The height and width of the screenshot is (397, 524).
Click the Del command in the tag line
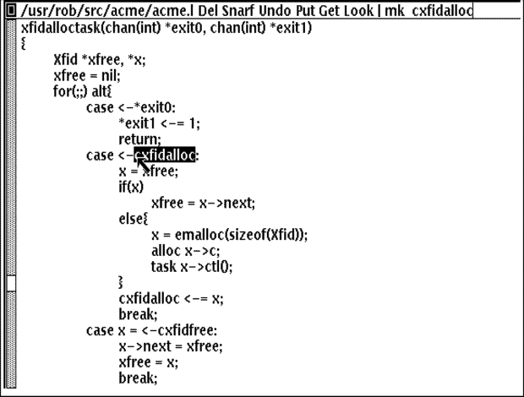click(208, 11)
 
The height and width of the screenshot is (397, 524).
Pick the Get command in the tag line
click(329, 11)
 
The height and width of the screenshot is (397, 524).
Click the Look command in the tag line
click(358, 11)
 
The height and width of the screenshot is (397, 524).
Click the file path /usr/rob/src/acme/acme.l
click(107, 11)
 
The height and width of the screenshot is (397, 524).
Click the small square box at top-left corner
click(11, 10)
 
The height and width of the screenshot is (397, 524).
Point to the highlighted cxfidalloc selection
click(165, 155)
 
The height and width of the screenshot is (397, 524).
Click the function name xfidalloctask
click(61, 27)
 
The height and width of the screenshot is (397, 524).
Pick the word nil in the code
click(109, 75)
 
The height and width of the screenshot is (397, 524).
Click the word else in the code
click(131, 219)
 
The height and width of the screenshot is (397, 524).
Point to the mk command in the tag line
click(395, 11)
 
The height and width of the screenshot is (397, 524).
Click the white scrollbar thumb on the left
click(11, 283)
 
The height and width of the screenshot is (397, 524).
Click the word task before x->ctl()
click(163, 267)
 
